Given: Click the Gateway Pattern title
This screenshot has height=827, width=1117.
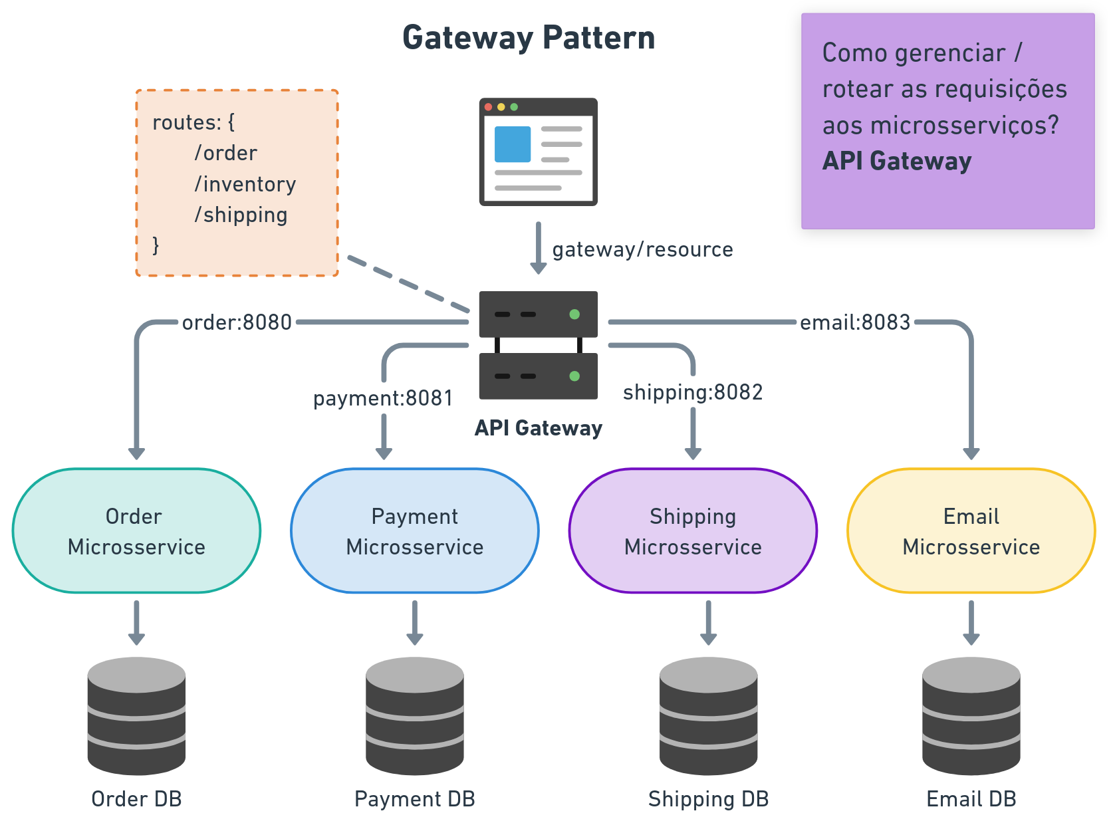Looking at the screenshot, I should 529,38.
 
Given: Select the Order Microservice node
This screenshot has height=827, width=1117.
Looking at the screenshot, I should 136,531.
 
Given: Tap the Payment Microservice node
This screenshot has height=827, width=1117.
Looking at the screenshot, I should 415,531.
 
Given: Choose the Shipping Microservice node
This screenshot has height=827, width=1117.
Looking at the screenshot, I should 693,531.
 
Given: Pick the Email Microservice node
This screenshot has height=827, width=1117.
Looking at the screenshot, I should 971,531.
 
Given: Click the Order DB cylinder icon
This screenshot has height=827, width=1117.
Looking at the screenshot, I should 136,715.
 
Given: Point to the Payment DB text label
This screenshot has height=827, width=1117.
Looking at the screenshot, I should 415,798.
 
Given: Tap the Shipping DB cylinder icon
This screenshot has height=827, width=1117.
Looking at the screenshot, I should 708,715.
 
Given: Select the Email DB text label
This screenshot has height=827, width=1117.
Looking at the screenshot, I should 971,798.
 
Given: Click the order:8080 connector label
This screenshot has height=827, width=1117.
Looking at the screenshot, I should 237,322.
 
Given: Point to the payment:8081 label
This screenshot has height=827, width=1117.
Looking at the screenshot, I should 383,398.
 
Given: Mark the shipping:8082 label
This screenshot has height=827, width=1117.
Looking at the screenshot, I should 692,392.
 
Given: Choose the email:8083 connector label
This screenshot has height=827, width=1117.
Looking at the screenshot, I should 854,322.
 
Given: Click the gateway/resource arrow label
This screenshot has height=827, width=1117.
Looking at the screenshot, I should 642,249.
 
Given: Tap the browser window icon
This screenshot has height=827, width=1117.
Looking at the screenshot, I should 539,152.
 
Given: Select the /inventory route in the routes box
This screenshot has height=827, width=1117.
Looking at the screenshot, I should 245,184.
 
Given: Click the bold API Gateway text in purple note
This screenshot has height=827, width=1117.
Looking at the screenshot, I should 896,161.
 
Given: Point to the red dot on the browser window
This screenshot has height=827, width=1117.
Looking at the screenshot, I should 489,107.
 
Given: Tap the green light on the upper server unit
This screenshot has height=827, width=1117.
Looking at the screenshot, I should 574,314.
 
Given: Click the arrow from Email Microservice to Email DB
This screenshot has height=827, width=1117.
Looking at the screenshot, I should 971,622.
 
